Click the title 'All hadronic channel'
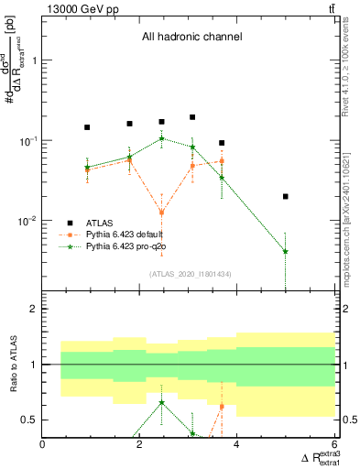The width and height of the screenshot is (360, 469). (x=191, y=38)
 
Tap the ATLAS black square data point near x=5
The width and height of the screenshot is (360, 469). (x=286, y=196)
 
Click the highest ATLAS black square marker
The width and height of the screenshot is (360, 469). (x=192, y=117)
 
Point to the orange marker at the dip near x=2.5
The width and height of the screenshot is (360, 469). (x=162, y=212)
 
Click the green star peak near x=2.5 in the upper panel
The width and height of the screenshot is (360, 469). (x=162, y=139)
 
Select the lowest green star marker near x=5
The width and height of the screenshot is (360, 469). (x=286, y=251)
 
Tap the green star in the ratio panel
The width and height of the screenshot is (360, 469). (x=162, y=402)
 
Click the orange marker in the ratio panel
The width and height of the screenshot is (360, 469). (x=222, y=406)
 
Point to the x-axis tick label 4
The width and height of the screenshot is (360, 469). (x=237, y=444)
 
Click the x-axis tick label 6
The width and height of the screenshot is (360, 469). (x=334, y=444)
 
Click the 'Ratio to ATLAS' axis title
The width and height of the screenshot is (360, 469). (x=13, y=364)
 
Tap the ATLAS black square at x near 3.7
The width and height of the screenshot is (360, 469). (x=222, y=143)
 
